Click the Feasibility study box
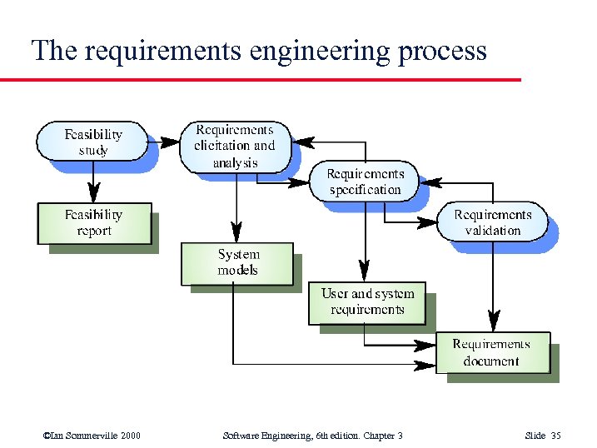pyautogui.click(x=93, y=142)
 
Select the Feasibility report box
pyautogui.click(x=94, y=222)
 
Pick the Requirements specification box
pyautogui.click(x=365, y=182)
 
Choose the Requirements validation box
pyautogui.click(x=493, y=222)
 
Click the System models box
pyautogui.click(x=237, y=263)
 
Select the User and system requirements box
pyautogui.click(x=366, y=301)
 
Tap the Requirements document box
pyautogui.click(x=492, y=352)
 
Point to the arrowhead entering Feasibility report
pyautogui.click(x=93, y=195)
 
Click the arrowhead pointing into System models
pyautogui.click(x=237, y=233)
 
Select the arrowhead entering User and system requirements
pyautogui.click(x=365, y=272)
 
